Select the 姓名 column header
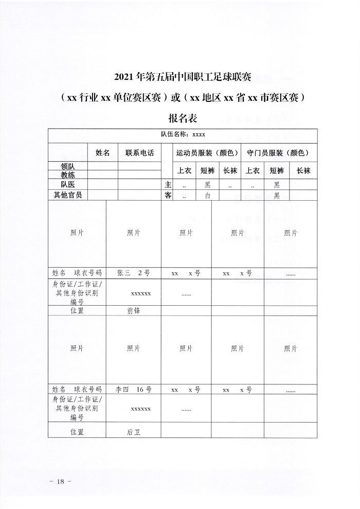103,153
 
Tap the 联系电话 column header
139,153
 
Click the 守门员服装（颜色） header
278,153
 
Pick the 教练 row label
68,174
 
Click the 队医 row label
68,184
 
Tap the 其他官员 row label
68,195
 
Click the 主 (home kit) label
168,184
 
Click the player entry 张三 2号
133,273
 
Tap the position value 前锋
133,311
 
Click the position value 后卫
133,432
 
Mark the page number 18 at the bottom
60,482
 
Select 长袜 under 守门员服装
303,171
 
